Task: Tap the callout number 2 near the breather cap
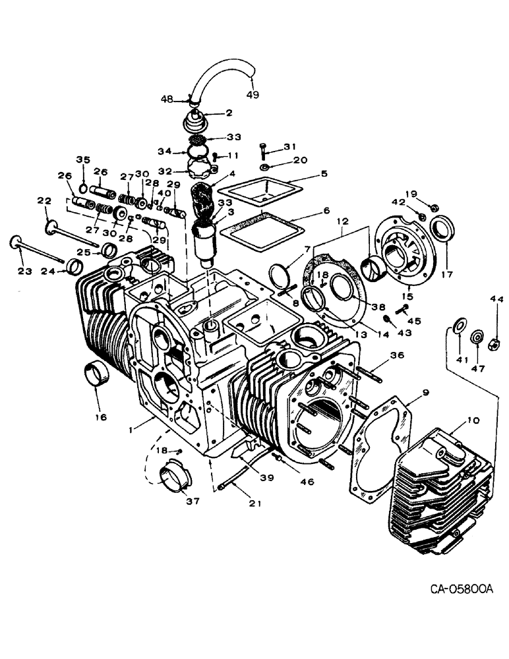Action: point(229,113)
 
